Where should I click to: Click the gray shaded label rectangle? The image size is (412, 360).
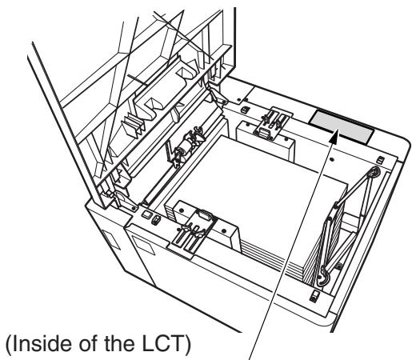[342, 127]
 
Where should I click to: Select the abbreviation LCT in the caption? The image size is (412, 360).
[162, 344]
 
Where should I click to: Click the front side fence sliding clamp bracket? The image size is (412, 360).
[194, 232]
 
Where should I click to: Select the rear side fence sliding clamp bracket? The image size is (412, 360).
[272, 122]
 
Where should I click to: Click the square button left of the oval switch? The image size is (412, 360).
[146, 214]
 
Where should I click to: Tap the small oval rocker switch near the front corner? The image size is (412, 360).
[156, 220]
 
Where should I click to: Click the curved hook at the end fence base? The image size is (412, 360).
[325, 278]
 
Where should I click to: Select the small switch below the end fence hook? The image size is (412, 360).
[315, 295]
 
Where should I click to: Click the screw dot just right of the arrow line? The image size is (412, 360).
[332, 159]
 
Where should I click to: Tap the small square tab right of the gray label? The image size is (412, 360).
[381, 160]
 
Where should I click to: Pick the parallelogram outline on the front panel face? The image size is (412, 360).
[144, 245]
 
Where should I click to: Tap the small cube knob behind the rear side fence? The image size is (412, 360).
[245, 109]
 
